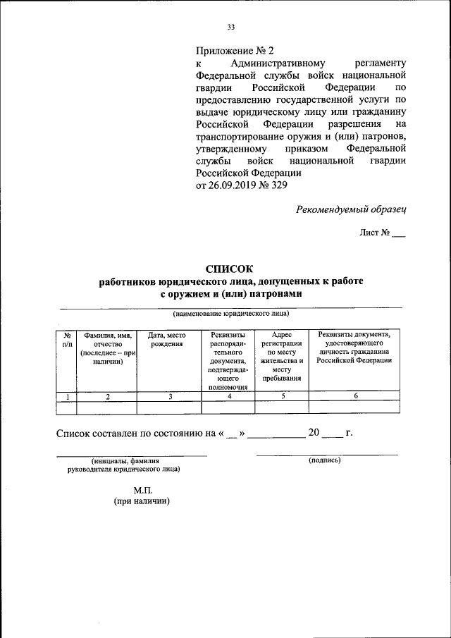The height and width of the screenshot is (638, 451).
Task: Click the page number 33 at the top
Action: [x=230, y=27]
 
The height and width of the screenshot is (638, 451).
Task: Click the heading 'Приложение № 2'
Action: [x=233, y=51]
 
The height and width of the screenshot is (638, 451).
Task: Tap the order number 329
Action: [x=278, y=185]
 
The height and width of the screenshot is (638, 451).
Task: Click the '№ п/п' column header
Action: [x=67, y=339]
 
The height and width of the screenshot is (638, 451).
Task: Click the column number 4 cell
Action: [x=229, y=397]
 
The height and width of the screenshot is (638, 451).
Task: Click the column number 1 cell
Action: [x=67, y=397]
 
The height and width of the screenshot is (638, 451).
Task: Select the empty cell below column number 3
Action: [x=169, y=407]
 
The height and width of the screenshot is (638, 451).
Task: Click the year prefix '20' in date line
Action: [x=314, y=432]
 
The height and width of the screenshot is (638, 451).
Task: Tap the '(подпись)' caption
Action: [x=325, y=460]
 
